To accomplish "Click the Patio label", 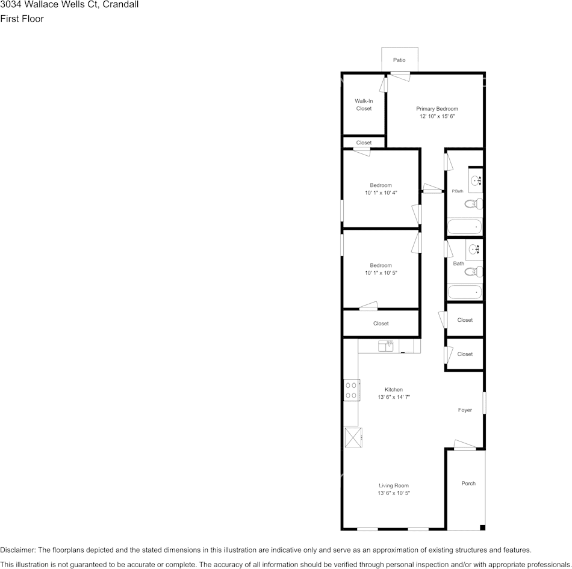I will pyautogui.click(x=399, y=60).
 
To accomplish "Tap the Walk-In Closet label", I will pyautogui.click(x=364, y=105).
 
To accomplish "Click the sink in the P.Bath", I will pyautogui.click(x=475, y=180).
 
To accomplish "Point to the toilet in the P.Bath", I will pyautogui.click(x=473, y=204).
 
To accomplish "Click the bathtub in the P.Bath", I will pyautogui.click(x=465, y=227).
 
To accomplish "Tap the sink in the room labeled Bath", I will pyautogui.click(x=473, y=249).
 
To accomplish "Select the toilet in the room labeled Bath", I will pyautogui.click(x=473, y=272).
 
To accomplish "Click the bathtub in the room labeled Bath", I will pyautogui.click(x=465, y=292).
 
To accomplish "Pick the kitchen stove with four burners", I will pyautogui.click(x=351, y=390).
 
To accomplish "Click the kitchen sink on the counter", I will pyautogui.click(x=385, y=346).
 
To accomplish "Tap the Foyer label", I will pyautogui.click(x=465, y=410).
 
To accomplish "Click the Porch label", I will pyautogui.click(x=468, y=484).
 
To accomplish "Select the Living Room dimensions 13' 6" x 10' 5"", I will pyautogui.click(x=394, y=493).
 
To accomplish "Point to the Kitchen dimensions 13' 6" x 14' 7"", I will pyautogui.click(x=394, y=398).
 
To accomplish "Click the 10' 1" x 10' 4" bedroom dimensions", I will pyautogui.click(x=381, y=193).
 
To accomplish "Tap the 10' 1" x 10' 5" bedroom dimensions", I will pyautogui.click(x=381, y=273).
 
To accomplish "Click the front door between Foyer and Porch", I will pyautogui.click(x=465, y=448).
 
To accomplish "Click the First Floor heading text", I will pyautogui.click(x=22, y=19).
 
